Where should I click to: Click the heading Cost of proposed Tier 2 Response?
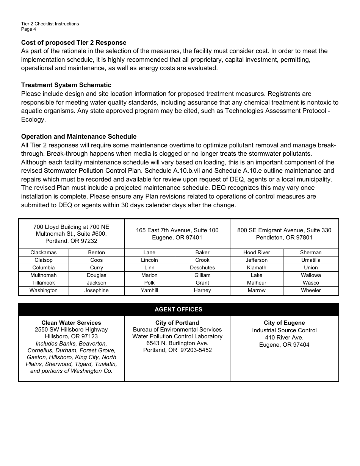tap(74, 42)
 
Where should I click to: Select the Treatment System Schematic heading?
tap(66, 85)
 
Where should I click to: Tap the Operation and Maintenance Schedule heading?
tap(79, 136)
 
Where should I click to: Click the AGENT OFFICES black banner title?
tap(178, 310)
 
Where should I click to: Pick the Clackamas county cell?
tap(44, 252)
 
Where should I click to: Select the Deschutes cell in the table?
tap(202, 267)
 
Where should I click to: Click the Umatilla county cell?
tap(311, 260)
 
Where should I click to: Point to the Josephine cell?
tap(97, 290)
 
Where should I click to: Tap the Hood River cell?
tap(257, 252)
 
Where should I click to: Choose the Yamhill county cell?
tap(149, 290)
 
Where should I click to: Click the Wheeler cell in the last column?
tap(311, 290)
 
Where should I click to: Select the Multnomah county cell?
tap(44, 275)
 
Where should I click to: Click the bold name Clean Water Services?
tap(71, 323)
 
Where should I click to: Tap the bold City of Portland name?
tap(177, 323)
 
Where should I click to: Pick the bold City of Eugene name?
tap(284, 323)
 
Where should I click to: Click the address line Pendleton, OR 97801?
tap(284, 238)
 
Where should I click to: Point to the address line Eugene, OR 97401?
tap(177, 238)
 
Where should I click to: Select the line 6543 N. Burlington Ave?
tap(177, 343)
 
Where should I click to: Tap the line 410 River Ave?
tap(284, 338)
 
